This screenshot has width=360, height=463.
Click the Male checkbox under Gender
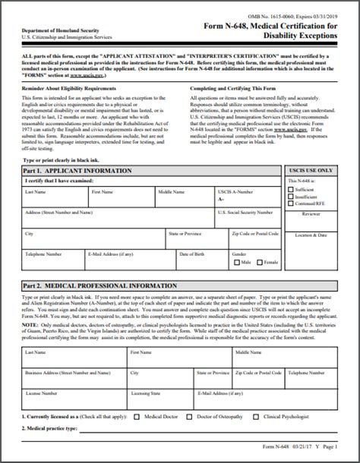[236, 262]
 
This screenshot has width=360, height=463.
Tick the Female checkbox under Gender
[259, 262]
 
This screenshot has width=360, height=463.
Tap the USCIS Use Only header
[311, 171]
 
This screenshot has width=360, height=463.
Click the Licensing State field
[159, 398]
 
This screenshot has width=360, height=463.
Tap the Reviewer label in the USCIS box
[311, 215]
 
